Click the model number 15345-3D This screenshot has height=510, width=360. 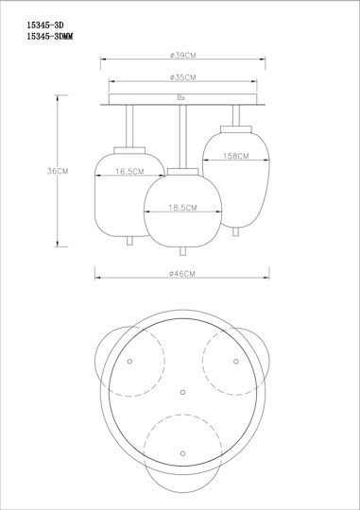[45, 25]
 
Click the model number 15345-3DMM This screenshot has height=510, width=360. [50, 37]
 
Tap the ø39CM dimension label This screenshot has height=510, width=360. [183, 56]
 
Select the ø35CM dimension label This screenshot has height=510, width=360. [183, 77]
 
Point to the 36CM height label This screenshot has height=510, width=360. [58, 171]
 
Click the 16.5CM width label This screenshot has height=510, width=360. [129, 171]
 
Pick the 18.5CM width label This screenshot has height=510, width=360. [182, 207]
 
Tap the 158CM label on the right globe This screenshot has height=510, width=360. [235, 156]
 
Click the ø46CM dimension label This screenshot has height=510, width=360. [182, 274]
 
